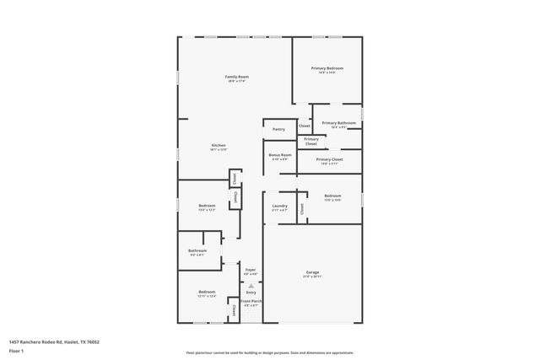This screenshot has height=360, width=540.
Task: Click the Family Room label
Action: [x=236, y=77]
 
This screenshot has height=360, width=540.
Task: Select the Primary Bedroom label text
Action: [x=327, y=68]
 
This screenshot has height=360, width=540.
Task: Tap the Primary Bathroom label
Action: [x=338, y=123]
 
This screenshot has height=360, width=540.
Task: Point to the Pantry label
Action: [x=278, y=129]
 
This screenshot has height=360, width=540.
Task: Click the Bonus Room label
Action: [x=280, y=155]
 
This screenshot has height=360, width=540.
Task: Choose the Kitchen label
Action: [x=219, y=146]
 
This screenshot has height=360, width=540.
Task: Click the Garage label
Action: [x=312, y=273]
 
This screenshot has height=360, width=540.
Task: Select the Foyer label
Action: [x=251, y=270]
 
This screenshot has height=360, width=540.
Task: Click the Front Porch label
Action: [x=251, y=301]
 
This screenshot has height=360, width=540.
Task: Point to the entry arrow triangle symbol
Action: [x=251, y=285]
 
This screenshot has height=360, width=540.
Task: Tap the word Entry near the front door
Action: [x=251, y=292]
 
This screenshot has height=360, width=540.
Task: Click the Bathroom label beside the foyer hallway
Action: [x=197, y=250]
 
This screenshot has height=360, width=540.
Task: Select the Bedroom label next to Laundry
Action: [x=332, y=196]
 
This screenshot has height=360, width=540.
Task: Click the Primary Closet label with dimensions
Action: [x=330, y=159]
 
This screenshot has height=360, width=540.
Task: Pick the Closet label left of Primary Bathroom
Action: [x=304, y=126]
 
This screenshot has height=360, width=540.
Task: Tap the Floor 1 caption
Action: [x=17, y=350]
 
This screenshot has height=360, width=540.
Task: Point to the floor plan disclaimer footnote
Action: [x=270, y=352]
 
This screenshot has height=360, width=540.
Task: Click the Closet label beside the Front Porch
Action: [x=234, y=311]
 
